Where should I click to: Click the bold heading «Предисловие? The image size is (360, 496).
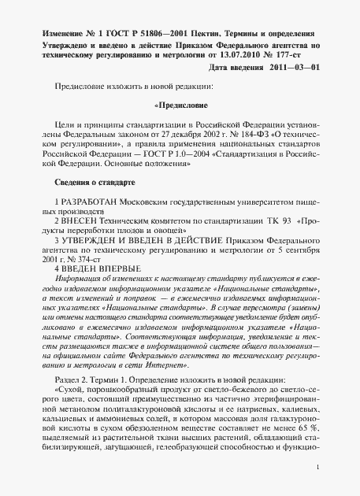tap(180, 102)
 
